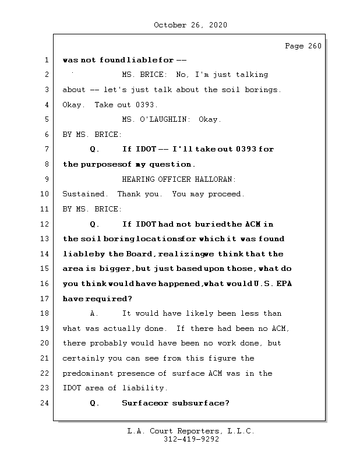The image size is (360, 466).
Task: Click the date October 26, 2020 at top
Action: click(190, 25)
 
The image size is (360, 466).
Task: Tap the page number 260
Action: click(314, 46)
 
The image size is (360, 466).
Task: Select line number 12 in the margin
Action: click(46, 224)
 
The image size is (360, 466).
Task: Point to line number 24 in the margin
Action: click(46, 403)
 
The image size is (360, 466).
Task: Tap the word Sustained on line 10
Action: click(84, 194)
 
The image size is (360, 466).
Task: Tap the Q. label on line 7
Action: click(95, 149)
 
